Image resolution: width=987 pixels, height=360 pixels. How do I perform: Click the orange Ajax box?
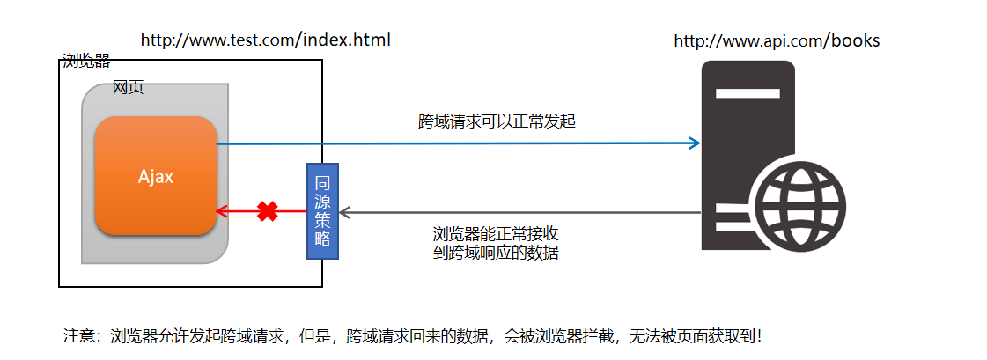point(156,176)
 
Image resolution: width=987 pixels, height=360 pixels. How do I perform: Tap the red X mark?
point(268,211)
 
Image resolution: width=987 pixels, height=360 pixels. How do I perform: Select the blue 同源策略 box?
point(322,211)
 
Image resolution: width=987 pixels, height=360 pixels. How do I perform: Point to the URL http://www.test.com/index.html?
point(265,40)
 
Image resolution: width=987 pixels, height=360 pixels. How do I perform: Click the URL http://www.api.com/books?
point(777,40)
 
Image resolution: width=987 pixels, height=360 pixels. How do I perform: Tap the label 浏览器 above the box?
point(86,61)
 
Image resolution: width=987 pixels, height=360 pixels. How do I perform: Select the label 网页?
point(128,88)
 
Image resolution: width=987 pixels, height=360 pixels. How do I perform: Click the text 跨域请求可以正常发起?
point(497,121)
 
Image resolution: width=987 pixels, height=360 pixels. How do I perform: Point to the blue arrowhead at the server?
point(696,143)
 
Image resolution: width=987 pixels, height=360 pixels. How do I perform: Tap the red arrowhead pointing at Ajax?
point(222,211)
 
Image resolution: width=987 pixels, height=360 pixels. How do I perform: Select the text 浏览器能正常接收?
point(496,234)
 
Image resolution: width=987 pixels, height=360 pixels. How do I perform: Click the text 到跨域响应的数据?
point(496,253)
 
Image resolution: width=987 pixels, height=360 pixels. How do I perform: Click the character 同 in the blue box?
point(322,182)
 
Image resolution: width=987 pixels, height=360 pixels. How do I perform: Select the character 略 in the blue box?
point(322,239)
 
